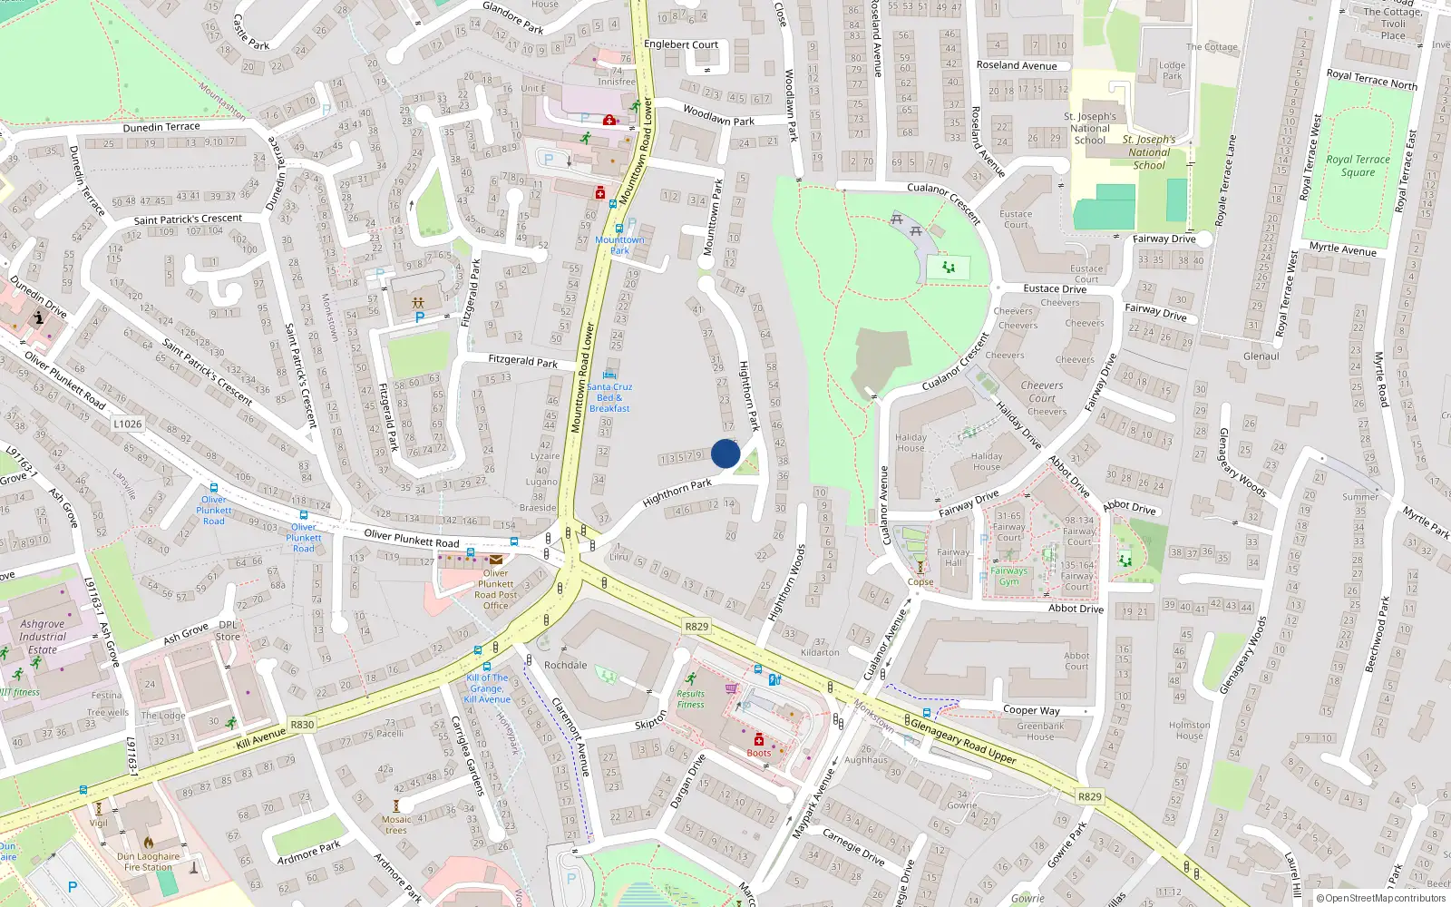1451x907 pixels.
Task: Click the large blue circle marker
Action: pyautogui.click(x=725, y=453)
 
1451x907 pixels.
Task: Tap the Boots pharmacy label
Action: pyautogui.click(x=759, y=753)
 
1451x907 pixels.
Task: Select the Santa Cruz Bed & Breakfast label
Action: pyautogui.click(x=609, y=397)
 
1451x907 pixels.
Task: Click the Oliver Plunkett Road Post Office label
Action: pyautogui.click(x=495, y=590)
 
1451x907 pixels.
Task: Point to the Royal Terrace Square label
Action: pyautogui.click(x=1358, y=165)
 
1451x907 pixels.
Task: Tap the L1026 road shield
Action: pyautogui.click(x=128, y=424)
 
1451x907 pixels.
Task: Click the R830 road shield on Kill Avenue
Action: pyautogui.click(x=302, y=725)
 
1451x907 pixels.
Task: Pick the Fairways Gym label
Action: pyautogui.click(x=1009, y=576)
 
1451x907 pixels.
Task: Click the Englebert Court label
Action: pyautogui.click(x=680, y=44)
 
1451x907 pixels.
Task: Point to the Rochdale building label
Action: pyautogui.click(x=565, y=665)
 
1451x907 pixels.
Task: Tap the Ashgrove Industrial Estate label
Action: pyautogui.click(x=43, y=637)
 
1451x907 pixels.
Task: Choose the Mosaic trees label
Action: pyautogui.click(x=396, y=824)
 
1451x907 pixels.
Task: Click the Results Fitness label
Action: pyautogui.click(x=690, y=699)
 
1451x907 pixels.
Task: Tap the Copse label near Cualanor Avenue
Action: pyautogui.click(x=920, y=582)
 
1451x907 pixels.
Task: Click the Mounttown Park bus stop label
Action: pyautogui.click(x=619, y=245)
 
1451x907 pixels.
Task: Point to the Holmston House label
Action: pyautogui.click(x=1190, y=730)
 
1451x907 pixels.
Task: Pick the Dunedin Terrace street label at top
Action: pyautogui.click(x=161, y=127)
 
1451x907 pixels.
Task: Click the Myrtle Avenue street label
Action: pyautogui.click(x=1342, y=249)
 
